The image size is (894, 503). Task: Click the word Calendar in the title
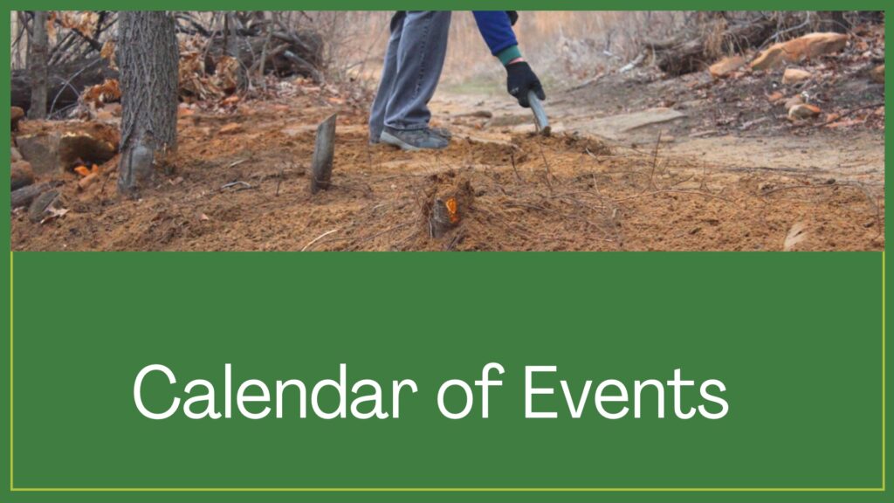(x=275, y=391)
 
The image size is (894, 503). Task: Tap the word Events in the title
(x=626, y=392)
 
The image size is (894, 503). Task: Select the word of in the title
(x=471, y=391)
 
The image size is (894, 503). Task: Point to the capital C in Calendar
(x=156, y=392)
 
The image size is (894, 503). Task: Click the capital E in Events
(x=540, y=391)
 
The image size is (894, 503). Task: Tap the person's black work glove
(x=524, y=83)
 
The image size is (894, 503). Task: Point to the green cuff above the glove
(x=509, y=56)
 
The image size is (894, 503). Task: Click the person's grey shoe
(x=415, y=139)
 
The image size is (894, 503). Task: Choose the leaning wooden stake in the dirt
(x=324, y=153)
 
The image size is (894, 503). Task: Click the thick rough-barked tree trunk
(x=147, y=97)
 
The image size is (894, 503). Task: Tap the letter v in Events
(x=579, y=398)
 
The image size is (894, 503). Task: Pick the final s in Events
(x=713, y=399)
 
